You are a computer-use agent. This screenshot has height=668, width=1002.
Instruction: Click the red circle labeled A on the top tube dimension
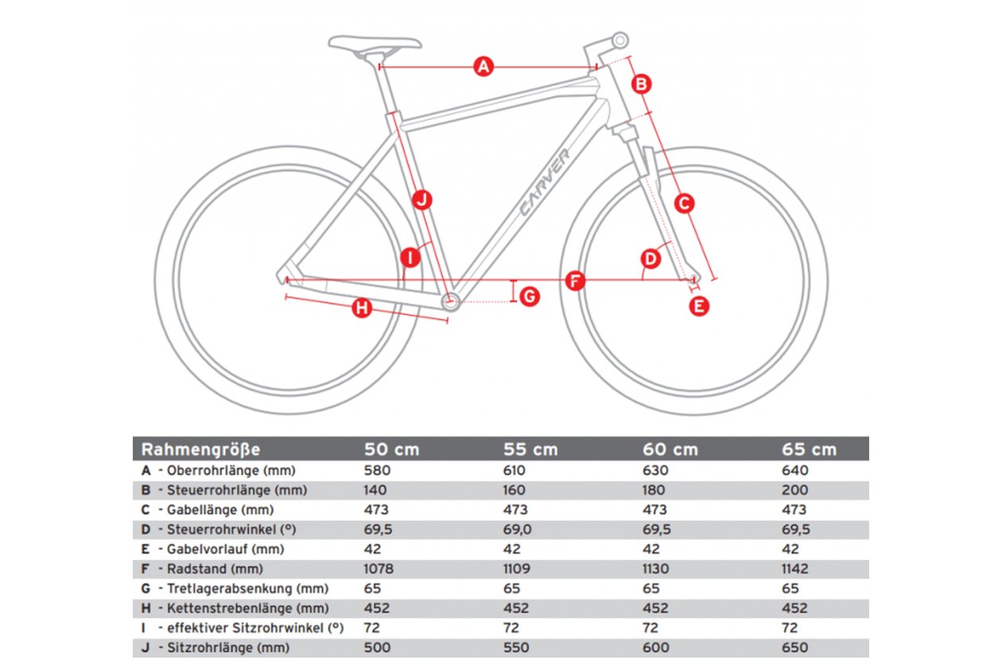[484, 67]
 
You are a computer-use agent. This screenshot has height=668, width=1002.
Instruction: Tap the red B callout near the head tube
[641, 84]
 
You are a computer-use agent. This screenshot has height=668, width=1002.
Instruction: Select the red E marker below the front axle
[699, 306]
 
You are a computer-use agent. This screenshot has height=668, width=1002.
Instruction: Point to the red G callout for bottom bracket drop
[530, 297]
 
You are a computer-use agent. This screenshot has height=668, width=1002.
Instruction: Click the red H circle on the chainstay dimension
[361, 308]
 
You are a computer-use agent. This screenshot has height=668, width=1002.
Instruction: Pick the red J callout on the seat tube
[421, 200]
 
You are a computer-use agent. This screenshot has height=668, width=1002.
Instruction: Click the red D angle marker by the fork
[651, 258]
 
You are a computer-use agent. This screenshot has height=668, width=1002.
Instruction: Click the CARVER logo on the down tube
[545, 182]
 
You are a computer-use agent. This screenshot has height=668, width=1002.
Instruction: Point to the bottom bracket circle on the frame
[451, 301]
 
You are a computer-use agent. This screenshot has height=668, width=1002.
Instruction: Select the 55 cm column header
[530, 449]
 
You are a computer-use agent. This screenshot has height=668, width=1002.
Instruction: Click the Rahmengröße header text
[200, 449]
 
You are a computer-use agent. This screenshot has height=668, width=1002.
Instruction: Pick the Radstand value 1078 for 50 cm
[379, 569]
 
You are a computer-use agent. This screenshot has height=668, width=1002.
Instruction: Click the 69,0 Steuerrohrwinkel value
[517, 530]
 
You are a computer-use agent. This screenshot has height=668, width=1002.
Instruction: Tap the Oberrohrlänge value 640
[795, 470]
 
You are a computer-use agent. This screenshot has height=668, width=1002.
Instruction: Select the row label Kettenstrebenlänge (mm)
[248, 608]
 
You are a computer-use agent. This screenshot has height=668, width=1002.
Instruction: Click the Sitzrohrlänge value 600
[656, 647]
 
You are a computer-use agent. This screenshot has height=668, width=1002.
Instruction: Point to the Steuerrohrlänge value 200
[795, 490]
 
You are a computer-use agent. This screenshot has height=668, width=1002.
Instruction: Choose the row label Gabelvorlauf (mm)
[226, 549]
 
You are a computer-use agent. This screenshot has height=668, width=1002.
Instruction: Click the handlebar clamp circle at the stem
[620, 41]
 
